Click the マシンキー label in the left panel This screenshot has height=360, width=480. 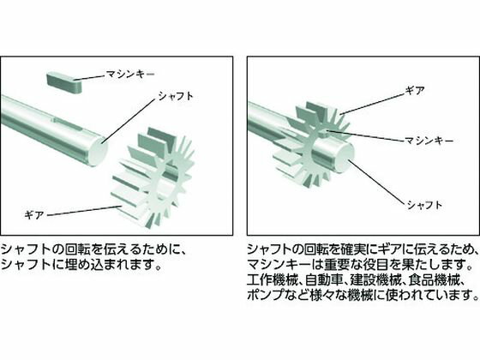point(130,75)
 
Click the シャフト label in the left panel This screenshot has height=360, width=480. point(176,96)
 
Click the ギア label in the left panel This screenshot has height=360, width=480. point(34,215)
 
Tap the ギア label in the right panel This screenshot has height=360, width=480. point(415,91)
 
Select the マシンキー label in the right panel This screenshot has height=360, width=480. point(429,141)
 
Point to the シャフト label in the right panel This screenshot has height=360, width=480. point(424,205)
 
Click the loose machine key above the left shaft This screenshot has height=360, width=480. point(64,82)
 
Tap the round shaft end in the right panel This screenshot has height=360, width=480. point(345,159)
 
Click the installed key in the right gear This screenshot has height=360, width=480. point(327,133)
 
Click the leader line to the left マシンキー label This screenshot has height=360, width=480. point(90,77)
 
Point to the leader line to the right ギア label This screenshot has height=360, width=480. point(372,104)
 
